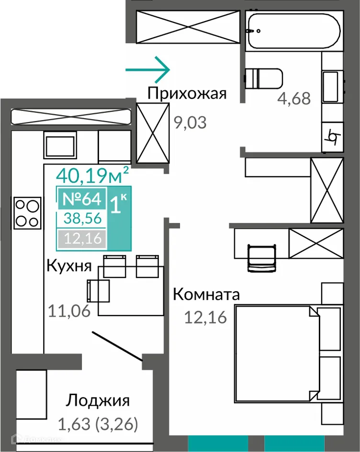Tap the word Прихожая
(x=186, y=93)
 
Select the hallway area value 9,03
(x=190, y=123)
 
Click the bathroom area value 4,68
(x=294, y=99)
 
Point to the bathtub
(x=293, y=31)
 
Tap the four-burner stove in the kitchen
(x=28, y=213)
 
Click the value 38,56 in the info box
(x=80, y=218)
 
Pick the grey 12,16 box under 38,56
(x=80, y=238)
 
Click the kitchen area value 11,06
(x=69, y=311)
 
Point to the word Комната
(x=206, y=294)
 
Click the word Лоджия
(x=98, y=400)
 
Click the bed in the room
(x=278, y=354)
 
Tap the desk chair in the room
(x=262, y=258)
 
